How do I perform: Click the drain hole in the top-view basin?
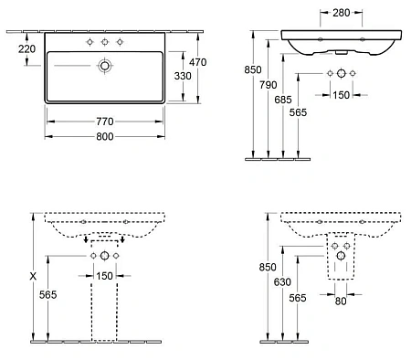(107, 66)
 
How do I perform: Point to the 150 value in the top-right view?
(342, 94)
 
